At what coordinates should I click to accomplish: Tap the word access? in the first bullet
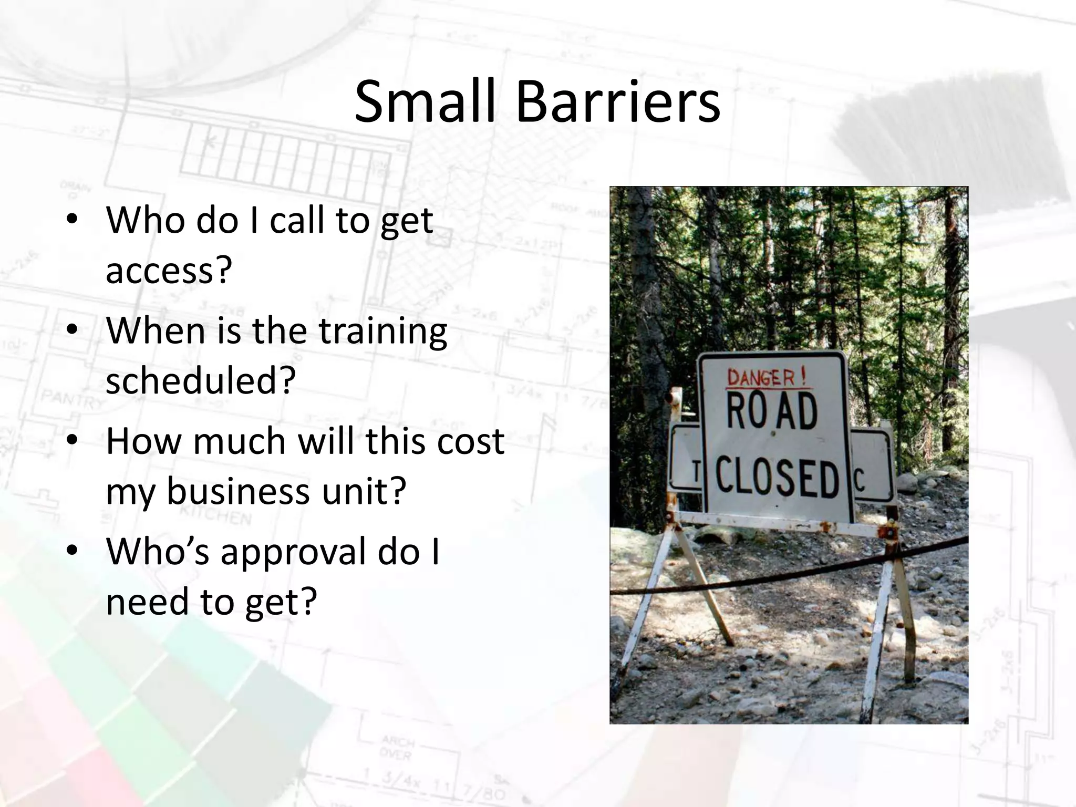pos(169,271)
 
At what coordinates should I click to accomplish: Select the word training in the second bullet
pos(383,332)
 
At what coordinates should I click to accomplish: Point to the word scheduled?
pos(201,381)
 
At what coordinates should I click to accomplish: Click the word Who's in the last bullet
pos(158,552)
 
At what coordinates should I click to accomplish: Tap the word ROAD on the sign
pos(771,412)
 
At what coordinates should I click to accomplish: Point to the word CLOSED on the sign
pos(777,478)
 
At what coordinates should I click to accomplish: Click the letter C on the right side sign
pos(859,479)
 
